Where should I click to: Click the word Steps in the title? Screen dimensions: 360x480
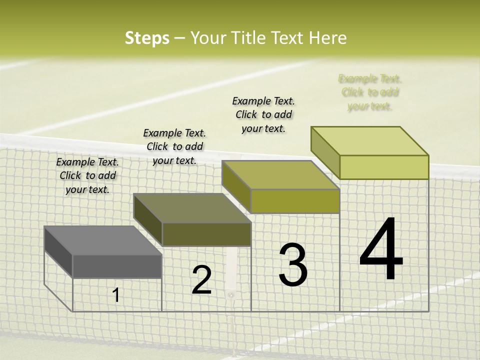click(147, 38)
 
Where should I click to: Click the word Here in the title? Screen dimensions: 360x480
click(328, 38)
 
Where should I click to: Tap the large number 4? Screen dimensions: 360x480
click(381, 250)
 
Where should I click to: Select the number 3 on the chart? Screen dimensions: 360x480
click(292, 265)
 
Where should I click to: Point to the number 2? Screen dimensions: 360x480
click(201, 280)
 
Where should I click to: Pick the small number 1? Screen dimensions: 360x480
click(116, 295)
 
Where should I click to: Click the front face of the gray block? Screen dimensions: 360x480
click(117, 266)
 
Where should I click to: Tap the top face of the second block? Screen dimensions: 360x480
click(192, 208)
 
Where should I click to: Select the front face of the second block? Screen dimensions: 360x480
click(206, 234)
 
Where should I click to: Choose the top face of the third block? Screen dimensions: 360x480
click(280, 175)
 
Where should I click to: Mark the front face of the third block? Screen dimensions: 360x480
click(295, 201)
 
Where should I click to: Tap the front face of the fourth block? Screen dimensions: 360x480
click(384, 167)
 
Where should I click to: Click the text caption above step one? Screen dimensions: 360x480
click(87, 176)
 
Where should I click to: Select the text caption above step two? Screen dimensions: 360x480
click(174, 147)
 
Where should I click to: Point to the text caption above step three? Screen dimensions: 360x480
click(263, 115)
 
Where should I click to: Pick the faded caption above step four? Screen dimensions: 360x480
click(370, 92)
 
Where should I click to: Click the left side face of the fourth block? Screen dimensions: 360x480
click(325, 152)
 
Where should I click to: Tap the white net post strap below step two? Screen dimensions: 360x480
click(231, 270)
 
